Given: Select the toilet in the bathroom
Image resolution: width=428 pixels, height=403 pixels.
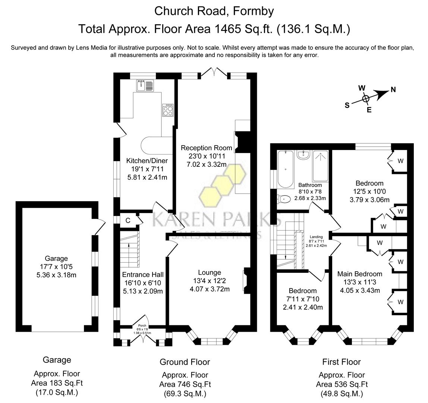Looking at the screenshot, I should [x=284, y=199].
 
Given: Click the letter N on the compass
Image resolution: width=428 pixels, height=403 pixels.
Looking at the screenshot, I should [x=393, y=90].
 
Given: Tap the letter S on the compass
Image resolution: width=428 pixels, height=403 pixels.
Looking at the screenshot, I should [x=347, y=105].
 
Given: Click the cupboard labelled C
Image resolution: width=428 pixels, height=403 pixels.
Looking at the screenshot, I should [x=128, y=221].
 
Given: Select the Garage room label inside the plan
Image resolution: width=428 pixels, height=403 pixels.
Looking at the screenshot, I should [x=56, y=258].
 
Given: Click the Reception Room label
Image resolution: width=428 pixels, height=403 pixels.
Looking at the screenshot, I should [x=207, y=148].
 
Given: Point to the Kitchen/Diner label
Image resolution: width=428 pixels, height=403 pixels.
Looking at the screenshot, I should [x=147, y=161].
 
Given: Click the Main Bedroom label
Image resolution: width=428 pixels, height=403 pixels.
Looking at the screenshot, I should [x=359, y=274].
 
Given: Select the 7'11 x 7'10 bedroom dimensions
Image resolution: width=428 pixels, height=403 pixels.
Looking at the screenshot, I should [x=303, y=299].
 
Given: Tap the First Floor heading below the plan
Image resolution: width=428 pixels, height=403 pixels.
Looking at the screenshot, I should [x=342, y=362].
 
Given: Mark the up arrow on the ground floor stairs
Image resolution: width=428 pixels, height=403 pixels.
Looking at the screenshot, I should [x=129, y=245].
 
